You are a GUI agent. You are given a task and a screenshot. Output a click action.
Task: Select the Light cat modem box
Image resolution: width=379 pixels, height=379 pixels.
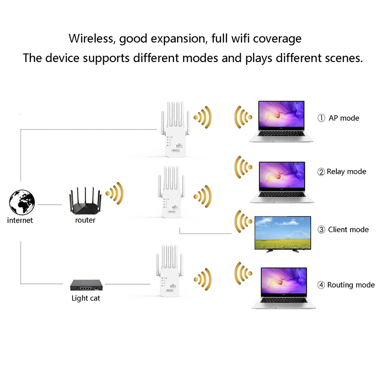click(x=86, y=284)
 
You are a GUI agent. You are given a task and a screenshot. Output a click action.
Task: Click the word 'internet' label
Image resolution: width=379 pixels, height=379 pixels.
click(x=20, y=220)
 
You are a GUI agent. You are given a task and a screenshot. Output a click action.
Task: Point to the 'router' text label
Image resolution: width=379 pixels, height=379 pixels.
click(x=85, y=220)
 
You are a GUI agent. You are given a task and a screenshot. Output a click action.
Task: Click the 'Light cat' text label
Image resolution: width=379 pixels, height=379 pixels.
click(x=86, y=298)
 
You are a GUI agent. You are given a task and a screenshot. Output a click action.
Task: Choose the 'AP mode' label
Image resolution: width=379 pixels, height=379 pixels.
click(x=344, y=118)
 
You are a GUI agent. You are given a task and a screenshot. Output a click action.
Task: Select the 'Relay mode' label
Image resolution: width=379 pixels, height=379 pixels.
click(x=346, y=171)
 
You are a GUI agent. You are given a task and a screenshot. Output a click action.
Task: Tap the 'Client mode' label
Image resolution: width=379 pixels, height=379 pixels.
click(x=348, y=230)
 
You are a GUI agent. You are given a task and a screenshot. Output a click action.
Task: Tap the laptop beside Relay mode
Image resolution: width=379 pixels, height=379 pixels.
click(x=283, y=182)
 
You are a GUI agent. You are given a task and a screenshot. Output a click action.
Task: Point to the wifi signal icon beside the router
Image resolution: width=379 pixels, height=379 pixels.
click(x=117, y=191)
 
